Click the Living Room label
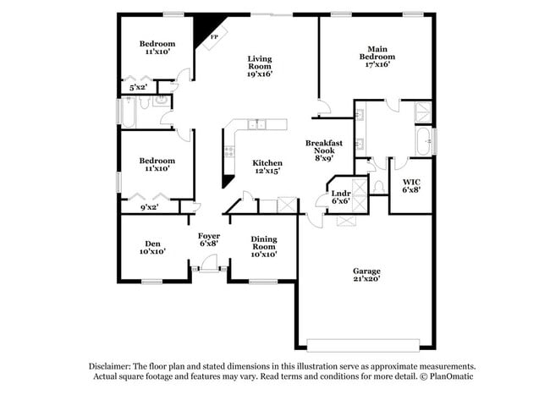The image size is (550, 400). (x=259, y=66)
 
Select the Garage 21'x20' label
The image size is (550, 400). (x=366, y=275)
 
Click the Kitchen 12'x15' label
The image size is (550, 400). (x=267, y=166)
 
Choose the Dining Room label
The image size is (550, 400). (x=263, y=246)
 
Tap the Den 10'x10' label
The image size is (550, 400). (x=152, y=246)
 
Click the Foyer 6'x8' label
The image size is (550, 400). (x=209, y=239)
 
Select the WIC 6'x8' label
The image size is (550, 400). (x=411, y=185)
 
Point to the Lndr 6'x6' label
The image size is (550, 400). (x=340, y=197)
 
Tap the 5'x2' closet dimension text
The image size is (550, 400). (x=137, y=87)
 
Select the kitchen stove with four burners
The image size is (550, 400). (x=228, y=152)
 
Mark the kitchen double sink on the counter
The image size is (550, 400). (x=256, y=125)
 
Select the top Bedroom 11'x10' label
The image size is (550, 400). (x=157, y=47)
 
